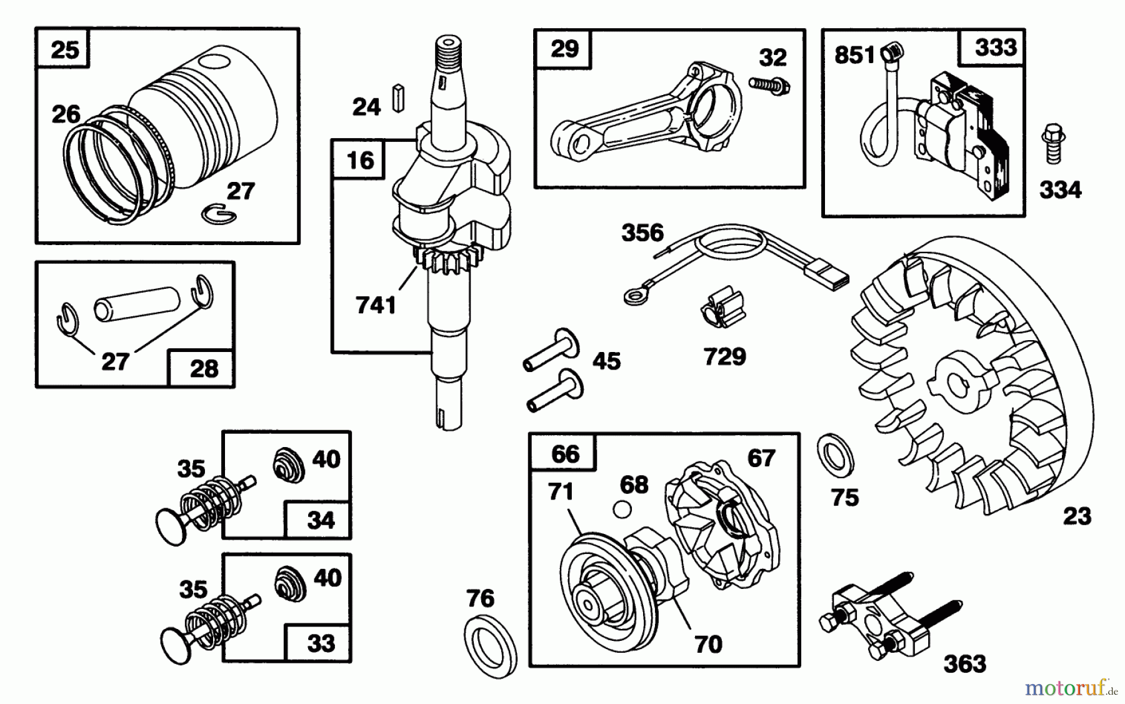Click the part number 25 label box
(x=63, y=49)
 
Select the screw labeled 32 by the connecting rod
(x=768, y=85)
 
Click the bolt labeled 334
(x=1053, y=144)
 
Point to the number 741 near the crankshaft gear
(x=375, y=305)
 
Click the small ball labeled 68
(x=621, y=510)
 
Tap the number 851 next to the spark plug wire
(x=854, y=56)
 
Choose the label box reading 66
(x=564, y=453)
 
